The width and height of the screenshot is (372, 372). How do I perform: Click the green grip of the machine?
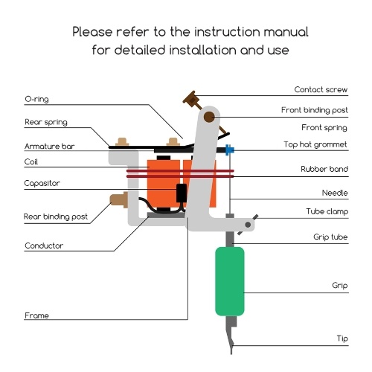point(230,281)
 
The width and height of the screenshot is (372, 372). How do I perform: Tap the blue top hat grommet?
point(229,150)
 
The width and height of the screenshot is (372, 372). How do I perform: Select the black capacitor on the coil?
point(182,193)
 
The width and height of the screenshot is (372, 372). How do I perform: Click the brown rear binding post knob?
point(119,199)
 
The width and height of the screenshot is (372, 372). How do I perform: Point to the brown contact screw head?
point(191,99)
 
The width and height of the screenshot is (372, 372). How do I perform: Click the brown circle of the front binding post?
point(209,117)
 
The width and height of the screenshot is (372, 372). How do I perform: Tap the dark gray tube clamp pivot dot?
point(248,225)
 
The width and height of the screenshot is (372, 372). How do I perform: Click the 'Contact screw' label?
point(321,89)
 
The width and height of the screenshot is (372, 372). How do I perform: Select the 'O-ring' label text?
point(36,99)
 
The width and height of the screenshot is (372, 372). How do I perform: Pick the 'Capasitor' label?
point(42,183)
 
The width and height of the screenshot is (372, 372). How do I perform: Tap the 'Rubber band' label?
point(324,169)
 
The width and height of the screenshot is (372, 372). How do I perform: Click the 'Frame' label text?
point(36,315)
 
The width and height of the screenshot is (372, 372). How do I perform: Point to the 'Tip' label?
point(342,339)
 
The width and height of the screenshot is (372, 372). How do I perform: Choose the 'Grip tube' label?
point(330,237)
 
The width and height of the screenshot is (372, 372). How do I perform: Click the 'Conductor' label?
point(44,246)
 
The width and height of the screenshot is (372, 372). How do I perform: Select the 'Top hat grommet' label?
point(315,144)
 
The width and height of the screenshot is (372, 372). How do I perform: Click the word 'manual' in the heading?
point(286,32)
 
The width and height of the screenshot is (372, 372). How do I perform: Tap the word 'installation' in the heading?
point(203,50)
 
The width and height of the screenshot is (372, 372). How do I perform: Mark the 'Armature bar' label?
point(50,146)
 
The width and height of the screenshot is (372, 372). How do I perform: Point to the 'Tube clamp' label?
point(327,211)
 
